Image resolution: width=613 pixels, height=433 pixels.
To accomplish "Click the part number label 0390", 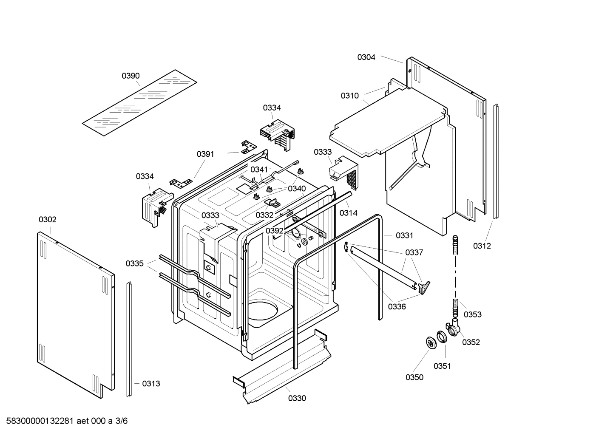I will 131,76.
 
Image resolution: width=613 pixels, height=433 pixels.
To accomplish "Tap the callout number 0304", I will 366,57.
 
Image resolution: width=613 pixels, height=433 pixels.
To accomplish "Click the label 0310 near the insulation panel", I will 349,96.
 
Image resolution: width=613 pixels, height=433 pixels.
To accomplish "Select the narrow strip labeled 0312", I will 496,161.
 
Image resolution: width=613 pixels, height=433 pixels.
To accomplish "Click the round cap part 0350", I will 432,343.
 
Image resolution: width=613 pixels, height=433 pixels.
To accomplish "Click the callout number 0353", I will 472,314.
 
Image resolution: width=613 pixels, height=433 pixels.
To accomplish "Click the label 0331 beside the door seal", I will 404,235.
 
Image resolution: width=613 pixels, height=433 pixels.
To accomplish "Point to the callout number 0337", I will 414,253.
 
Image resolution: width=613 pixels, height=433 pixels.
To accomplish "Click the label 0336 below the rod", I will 397,306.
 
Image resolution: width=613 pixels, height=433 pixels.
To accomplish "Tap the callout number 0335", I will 134,264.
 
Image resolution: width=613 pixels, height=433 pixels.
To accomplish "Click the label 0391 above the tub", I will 205,154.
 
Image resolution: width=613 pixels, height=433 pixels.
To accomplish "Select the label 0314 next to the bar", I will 348,213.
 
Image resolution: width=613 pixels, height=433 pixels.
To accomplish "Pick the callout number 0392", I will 275,231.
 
